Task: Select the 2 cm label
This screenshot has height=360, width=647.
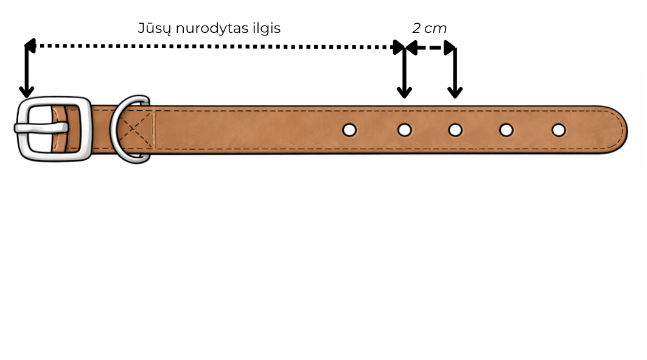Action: [429, 29]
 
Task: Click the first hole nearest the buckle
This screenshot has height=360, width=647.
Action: [349, 130]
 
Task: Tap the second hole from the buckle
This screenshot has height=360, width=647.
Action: [404, 130]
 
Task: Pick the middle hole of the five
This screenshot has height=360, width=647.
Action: [455, 130]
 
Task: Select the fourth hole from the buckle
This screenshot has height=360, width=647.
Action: [506, 130]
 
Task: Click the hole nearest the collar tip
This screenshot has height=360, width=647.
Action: [559, 130]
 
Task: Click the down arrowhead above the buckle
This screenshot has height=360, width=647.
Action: [26, 91]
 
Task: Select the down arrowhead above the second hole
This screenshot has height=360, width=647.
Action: [404, 92]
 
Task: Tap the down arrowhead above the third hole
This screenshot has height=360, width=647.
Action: [455, 92]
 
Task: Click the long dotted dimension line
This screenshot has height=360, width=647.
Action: [213, 46]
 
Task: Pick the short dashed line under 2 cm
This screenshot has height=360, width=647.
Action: [430, 48]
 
